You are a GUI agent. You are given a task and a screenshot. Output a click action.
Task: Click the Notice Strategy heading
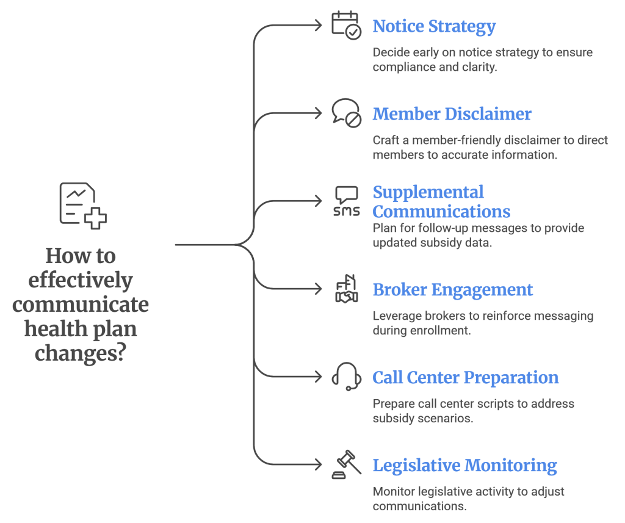(434, 27)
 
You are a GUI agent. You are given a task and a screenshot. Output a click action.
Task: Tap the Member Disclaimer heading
(452, 114)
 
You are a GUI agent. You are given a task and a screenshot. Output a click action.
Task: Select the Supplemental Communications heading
(441, 202)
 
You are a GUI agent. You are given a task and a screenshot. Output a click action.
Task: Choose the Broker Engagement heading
(453, 290)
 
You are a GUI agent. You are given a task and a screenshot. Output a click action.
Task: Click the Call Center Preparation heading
(465, 378)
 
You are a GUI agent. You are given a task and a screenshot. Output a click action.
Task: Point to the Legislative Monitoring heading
(464, 466)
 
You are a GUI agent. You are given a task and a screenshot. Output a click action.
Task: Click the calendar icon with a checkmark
(346, 26)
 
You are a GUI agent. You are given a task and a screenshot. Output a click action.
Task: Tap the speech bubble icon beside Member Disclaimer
(346, 113)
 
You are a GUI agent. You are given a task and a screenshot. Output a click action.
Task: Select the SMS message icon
(346, 201)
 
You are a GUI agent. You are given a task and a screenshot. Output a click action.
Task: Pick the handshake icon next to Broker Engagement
(346, 289)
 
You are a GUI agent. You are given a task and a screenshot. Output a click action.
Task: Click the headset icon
(346, 377)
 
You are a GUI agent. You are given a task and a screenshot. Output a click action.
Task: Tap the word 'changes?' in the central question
(80, 353)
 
